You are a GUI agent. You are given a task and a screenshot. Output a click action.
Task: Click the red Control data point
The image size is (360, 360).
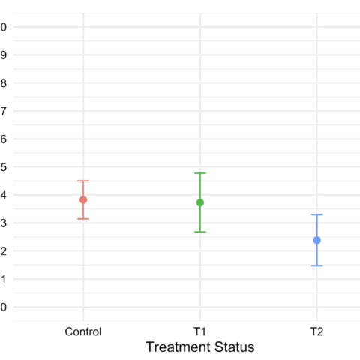click(83, 199)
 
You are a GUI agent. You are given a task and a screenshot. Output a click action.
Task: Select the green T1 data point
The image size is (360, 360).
click(200, 202)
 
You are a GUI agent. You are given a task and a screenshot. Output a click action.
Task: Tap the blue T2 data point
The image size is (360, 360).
click(317, 240)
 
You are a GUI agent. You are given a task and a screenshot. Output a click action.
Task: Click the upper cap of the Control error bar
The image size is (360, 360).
click(83, 181)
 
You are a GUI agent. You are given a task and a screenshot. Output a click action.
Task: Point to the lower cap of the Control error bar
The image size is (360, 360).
click(83, 218)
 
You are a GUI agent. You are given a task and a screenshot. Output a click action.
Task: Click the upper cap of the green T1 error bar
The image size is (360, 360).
click(200, 173)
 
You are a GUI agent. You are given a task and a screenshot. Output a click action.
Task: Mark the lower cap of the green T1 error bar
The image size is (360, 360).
click(200, 232)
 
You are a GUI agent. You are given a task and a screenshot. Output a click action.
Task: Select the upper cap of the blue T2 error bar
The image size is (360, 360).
click(317, 214)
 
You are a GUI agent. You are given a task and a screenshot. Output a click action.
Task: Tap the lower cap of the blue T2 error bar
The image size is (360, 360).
click(317, 265)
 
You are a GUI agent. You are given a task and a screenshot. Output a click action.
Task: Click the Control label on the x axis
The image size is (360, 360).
click(83, 331)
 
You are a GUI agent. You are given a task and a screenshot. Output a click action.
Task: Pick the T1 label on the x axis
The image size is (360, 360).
click(200, 331)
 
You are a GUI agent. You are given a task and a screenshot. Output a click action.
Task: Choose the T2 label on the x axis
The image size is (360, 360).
click(317, 331)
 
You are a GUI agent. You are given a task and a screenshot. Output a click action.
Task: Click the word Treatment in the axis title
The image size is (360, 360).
click(177, 347)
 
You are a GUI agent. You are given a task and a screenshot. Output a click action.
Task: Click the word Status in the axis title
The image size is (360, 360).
click(233, 347)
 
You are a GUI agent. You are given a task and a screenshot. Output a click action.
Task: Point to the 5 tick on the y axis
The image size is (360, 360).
click(4, 166)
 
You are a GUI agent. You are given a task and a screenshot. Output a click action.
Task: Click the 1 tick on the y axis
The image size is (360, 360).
click(4, 279)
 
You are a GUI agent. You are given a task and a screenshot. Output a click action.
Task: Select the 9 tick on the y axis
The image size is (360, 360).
click(4, 55)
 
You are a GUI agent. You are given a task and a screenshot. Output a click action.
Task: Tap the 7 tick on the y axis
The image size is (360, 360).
click(4, 111)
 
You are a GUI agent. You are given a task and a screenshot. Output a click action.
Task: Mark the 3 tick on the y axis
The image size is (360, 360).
click(4, 223)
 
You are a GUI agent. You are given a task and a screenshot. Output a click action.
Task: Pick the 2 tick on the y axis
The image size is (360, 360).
click(4, 251)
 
